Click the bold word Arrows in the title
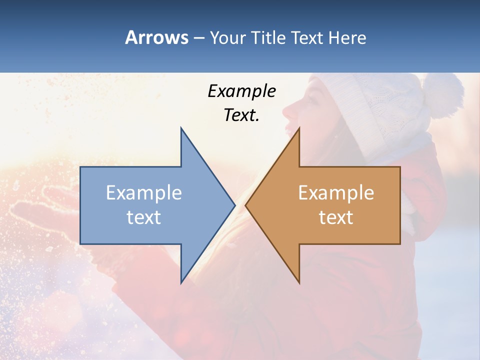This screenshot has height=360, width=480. point(156,37)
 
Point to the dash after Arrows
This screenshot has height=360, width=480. point(198,38)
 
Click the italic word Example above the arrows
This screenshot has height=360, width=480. point(241,91)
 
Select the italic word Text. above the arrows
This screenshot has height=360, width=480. point(241,115)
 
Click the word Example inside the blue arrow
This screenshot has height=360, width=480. point(144,193)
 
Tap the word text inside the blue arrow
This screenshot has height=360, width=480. point(144,217)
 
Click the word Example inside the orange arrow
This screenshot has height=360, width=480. point(336,193)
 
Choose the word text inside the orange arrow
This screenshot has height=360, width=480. point(336,217)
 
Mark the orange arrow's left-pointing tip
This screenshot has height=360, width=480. point(246,205)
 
